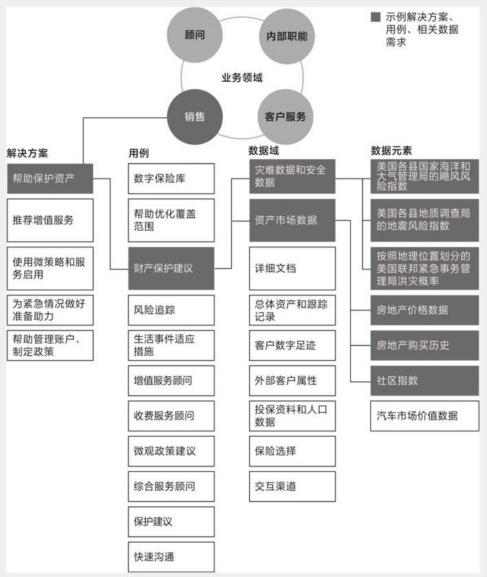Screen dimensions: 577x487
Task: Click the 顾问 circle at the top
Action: (195, 34)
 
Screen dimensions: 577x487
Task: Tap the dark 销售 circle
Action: (195, 117)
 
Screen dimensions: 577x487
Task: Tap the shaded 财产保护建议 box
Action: (171, 268)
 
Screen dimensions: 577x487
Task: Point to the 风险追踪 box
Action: (171, 310)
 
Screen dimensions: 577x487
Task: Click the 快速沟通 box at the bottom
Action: (171, 556)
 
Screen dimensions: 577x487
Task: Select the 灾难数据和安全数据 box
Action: (292, 177)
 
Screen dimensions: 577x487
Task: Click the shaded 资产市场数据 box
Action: (292, 220)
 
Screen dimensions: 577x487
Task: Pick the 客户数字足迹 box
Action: (292, 346)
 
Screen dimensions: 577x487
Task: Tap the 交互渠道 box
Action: (292, 486)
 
